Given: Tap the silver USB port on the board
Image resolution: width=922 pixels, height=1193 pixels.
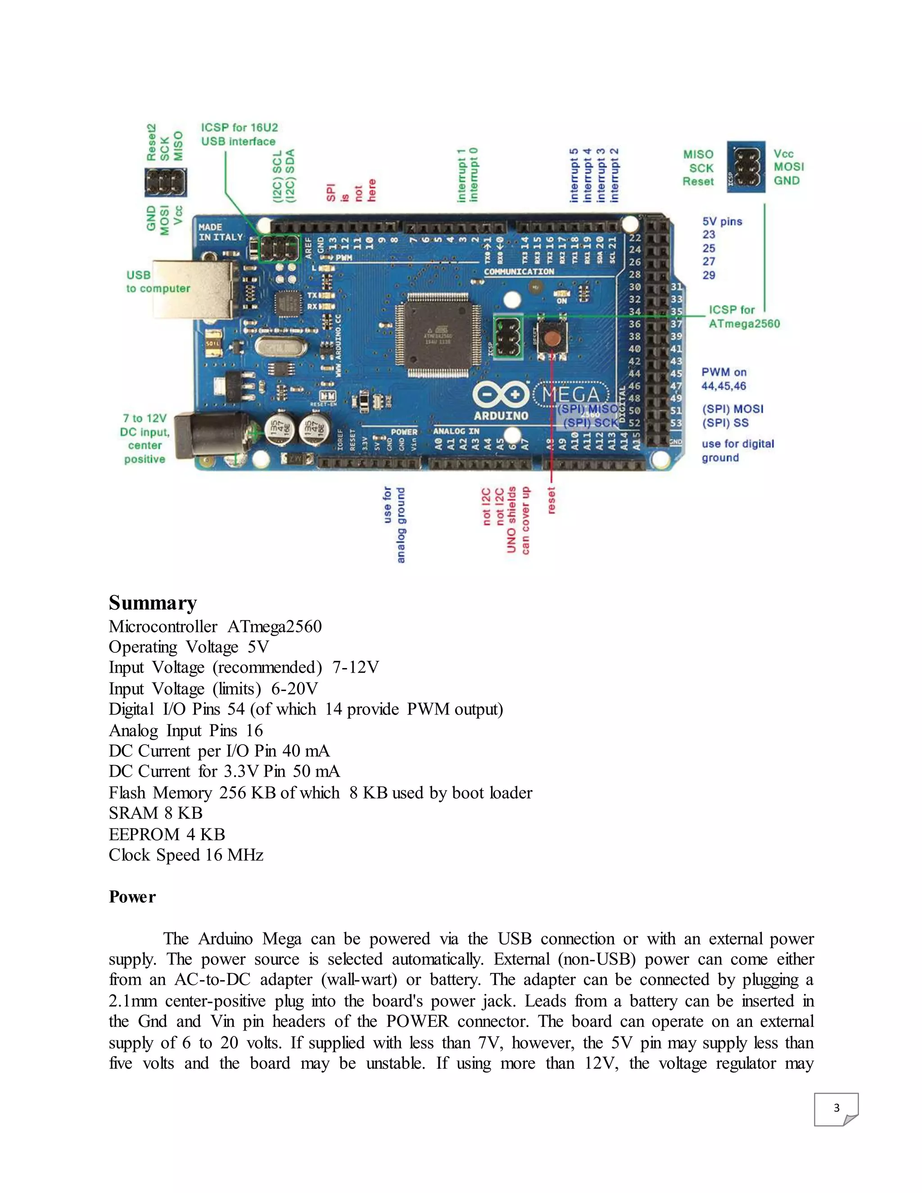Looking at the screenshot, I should coord(197,289).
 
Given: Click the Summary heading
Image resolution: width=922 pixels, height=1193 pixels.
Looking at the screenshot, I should coord(153,602).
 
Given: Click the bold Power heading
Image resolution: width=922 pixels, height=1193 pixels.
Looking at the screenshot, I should coord(132,897).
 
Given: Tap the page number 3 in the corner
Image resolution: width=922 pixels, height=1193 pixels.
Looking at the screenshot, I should coord(836,1108).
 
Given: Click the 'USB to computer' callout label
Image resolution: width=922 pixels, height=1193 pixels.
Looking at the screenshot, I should coord(158,282).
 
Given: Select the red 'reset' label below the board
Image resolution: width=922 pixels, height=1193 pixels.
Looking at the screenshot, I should coord(551,500).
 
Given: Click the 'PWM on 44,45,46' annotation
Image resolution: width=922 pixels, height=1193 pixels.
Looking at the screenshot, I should coord(724,379).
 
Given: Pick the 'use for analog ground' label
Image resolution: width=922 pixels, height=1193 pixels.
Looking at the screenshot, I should coord(394,524).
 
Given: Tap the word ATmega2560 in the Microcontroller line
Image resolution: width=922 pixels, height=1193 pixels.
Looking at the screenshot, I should coord(275,627).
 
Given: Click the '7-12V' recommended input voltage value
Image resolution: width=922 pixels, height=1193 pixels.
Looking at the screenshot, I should coord(356,668).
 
